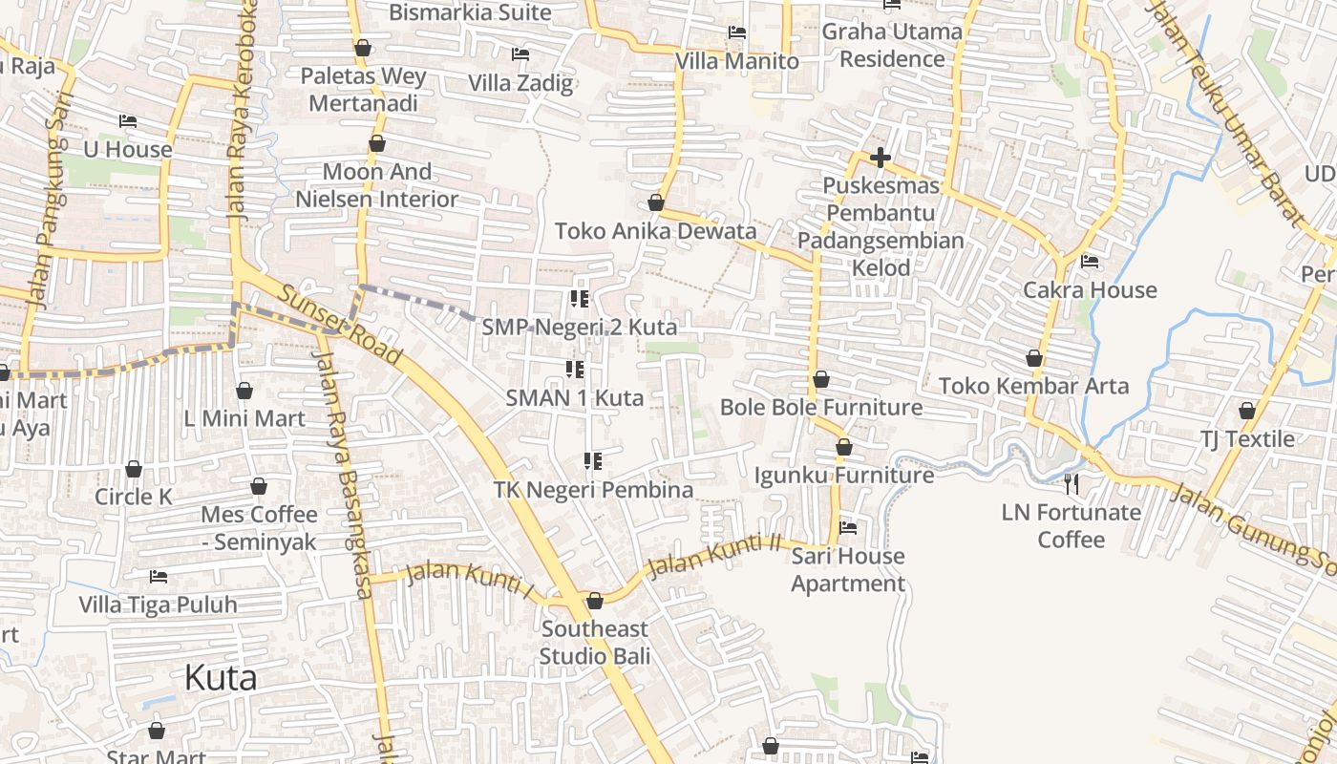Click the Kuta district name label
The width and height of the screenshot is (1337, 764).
[x=221, y=678]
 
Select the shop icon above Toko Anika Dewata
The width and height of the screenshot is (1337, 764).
[x=656, y=202]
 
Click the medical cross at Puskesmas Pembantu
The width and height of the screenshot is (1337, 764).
[x=881, y=157]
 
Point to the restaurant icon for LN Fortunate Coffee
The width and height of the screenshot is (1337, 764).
[x=1072, y=484]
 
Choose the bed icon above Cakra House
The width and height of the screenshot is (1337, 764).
[x=1090, y=262]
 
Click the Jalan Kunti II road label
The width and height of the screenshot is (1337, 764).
[x=714, y=557]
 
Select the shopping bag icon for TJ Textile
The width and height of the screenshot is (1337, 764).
[x=1247, y=411]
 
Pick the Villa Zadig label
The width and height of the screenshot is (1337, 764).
[x=520, y=83]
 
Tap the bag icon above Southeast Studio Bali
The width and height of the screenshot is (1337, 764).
[x=595, y=601]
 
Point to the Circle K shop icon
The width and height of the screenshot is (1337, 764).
[x=134, y=469]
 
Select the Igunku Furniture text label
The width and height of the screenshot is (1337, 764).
[x=844, y=475]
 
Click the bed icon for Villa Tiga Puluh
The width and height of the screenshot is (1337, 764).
[x=159, y=577]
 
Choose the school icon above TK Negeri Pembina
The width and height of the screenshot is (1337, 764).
[x=593, y=462]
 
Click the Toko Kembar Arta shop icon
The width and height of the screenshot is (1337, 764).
[x=1034, y=358]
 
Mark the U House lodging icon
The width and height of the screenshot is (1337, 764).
[x=128, y=121]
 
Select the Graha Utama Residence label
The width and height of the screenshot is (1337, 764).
[x=892, y=45]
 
